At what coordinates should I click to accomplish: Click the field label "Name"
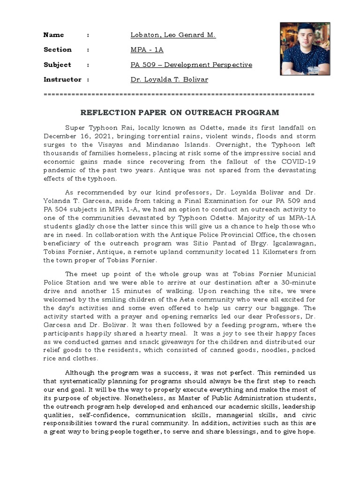pos(53,35)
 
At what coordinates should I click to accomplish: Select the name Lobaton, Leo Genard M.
pos(173,35)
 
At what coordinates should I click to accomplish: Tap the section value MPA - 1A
pos(147,50)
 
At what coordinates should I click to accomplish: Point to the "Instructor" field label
pos(62,80)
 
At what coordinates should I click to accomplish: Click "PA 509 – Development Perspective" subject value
pos(191,65)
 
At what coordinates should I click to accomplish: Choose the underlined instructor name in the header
pos(169,80)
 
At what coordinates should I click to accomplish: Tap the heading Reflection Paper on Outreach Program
pos(180,112)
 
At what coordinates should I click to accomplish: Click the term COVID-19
pos(299,161)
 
